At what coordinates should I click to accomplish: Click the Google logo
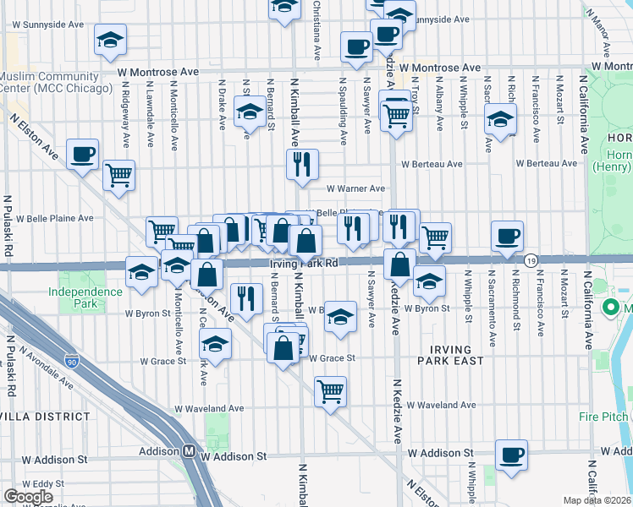[x=29, y=496]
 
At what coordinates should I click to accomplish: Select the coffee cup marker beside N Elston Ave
[x=83, y=155]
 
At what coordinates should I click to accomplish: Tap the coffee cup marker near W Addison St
[x=511, y=455]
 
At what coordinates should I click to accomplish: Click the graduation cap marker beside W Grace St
[x=216, y=345]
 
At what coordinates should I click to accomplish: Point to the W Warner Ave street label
[x=355, y=189]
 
